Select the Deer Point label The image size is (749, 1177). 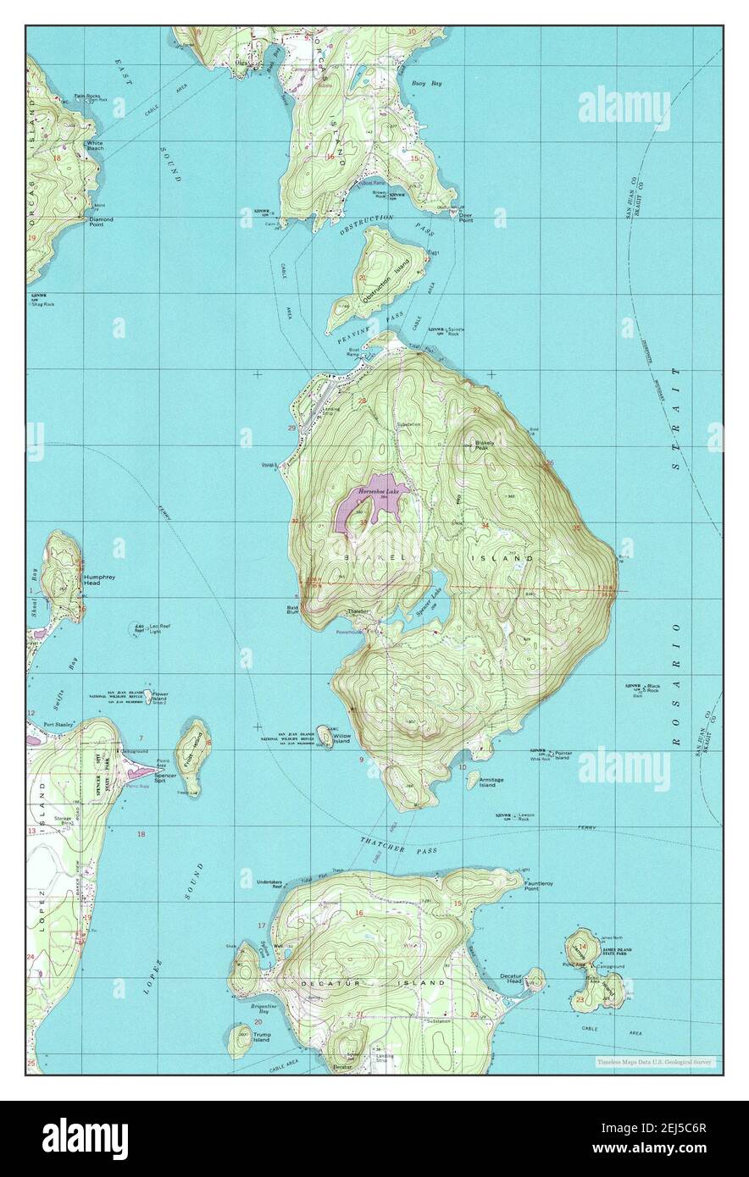465,217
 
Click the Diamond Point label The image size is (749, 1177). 101,222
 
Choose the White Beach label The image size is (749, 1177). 95,146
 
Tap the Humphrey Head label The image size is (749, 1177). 100,580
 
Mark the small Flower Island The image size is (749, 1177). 147,696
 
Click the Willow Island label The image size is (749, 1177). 341,738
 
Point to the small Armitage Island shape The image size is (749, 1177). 472,779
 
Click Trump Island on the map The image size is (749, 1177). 241,1040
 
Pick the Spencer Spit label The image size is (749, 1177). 165,776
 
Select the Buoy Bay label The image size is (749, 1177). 426,84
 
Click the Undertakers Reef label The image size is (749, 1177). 270,883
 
